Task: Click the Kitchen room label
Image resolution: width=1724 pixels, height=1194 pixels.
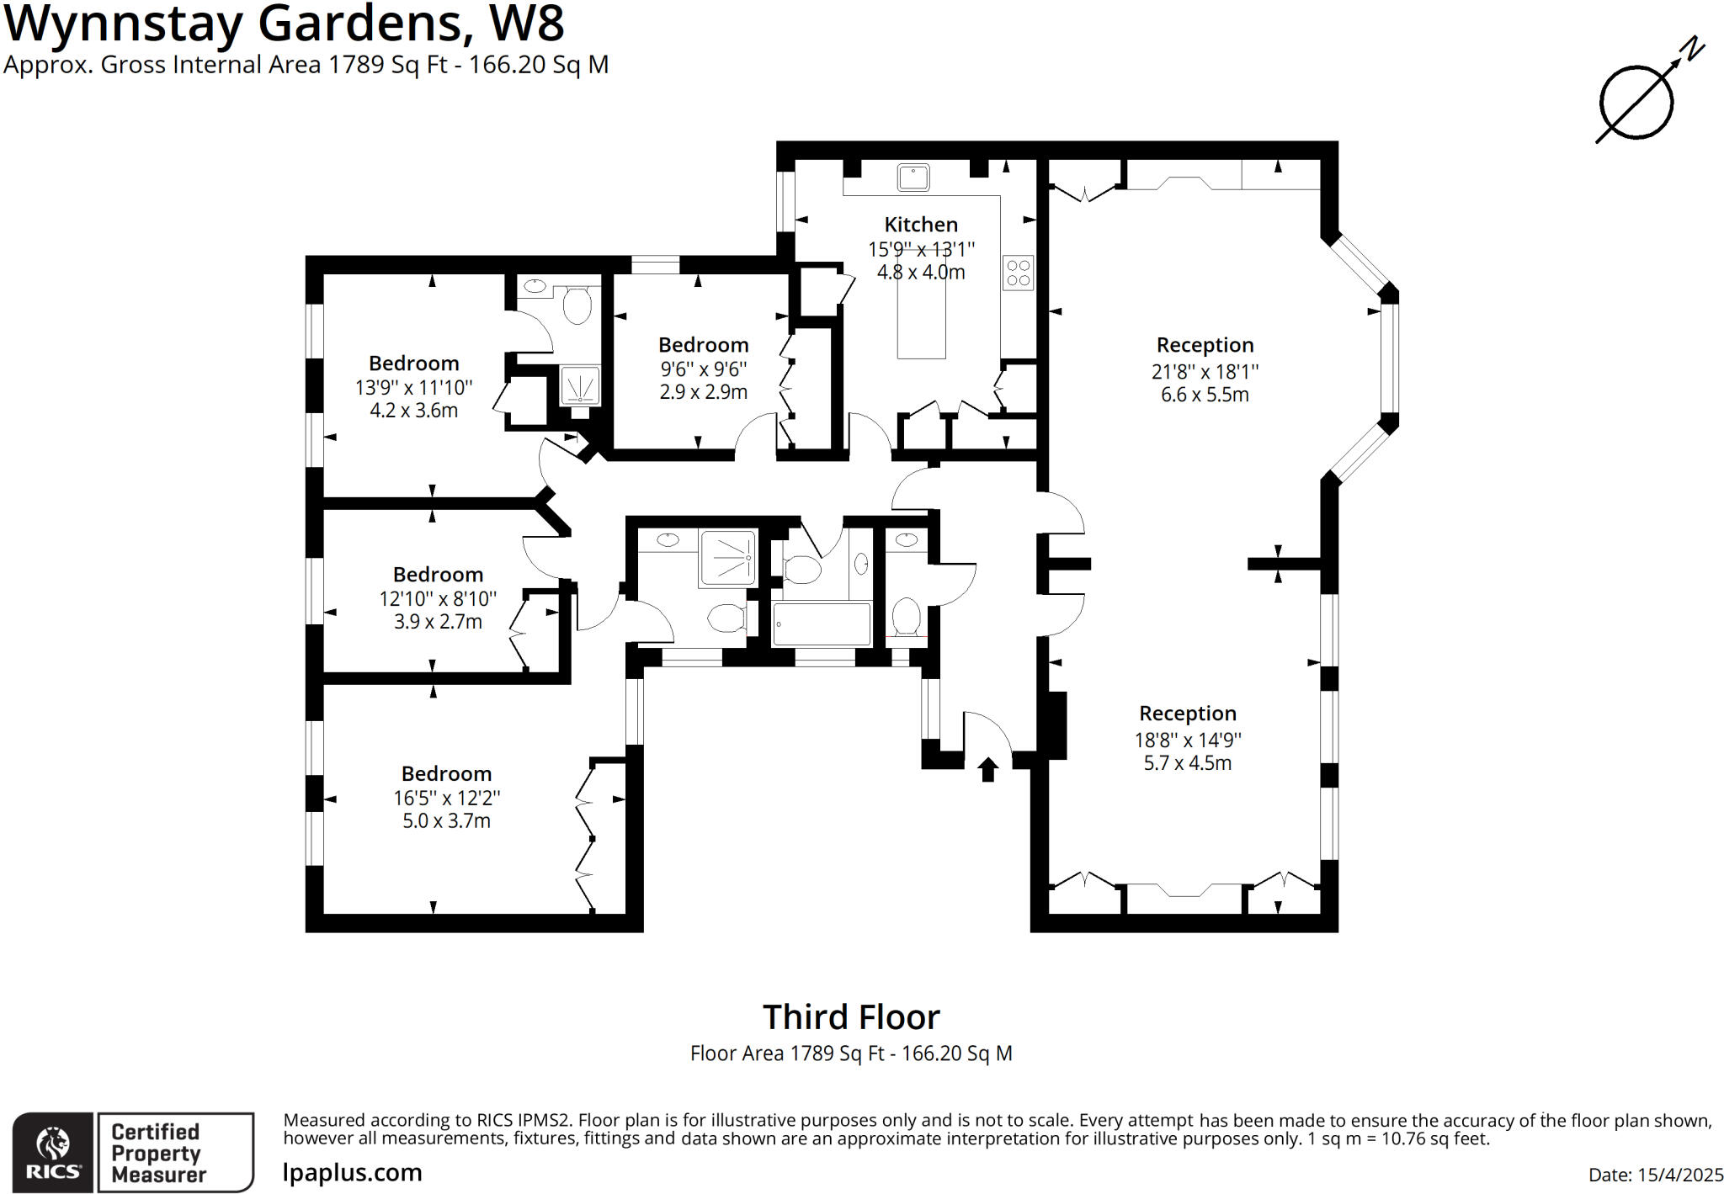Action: (920, 225)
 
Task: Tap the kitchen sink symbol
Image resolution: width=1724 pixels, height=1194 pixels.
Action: (913, 178)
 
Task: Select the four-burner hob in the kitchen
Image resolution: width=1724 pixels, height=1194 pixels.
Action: (1018, 273)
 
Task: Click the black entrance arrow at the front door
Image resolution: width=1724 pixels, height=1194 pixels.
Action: (987, 768)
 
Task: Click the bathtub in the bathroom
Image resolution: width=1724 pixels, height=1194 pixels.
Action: (822, 624)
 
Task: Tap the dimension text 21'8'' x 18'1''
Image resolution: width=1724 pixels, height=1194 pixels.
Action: (1205, 371)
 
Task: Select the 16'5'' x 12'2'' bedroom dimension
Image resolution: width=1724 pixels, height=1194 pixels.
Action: (446, 798)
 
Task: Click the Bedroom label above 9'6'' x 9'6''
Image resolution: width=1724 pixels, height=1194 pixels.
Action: (703, 345)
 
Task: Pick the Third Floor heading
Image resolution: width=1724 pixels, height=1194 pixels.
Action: (851, 1017)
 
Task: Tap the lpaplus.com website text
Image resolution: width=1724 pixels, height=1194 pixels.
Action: (352, 1172)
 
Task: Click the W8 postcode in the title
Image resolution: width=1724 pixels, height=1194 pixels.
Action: (527, 24)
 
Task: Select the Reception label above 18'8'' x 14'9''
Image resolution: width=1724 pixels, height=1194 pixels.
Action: (1187, 714)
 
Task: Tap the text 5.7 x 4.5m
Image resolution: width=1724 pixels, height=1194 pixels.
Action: (1187, 763)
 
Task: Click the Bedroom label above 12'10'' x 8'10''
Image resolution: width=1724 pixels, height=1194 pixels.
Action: (438, 575)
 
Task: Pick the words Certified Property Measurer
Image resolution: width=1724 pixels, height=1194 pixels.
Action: (158, 1153)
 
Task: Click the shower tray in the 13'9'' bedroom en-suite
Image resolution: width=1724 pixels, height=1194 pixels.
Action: (580, 386)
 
